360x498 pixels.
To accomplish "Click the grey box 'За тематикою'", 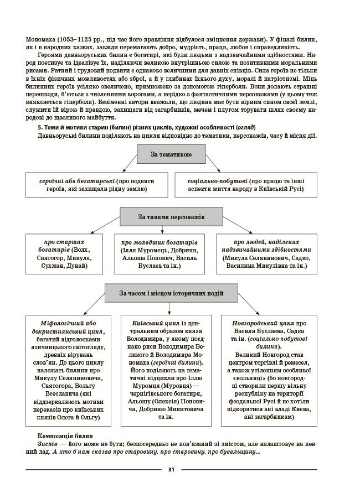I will (171, 154).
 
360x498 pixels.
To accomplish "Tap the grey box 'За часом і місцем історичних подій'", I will (171, 293).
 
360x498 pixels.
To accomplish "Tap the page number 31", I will (171, 470).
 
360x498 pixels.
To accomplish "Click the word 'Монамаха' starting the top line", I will (40, 39).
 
